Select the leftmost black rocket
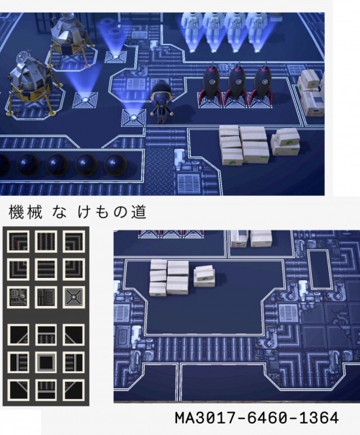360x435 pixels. (x=212, y=83)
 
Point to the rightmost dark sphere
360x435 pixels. (x=115, y=164)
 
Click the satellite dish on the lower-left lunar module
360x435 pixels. (x=22, y=57)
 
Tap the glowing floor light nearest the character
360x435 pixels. (x=134, y=117)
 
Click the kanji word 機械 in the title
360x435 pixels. (x=25, y=212)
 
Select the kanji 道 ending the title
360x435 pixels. (x=139, y=212)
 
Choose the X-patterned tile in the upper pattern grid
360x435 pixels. (x=73, y=297)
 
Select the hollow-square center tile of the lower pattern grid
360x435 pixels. (x=46, y=362)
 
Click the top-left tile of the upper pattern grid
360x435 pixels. (x=18, y=241)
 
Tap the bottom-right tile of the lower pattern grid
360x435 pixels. (x=73, y=390)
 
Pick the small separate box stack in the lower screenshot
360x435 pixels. (x=204, y=276)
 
